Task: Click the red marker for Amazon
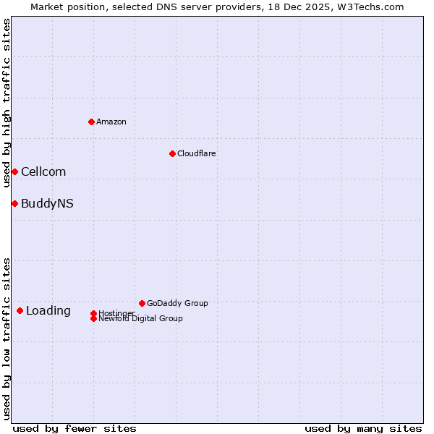click(x=91, y=122)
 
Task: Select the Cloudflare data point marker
click(x=172, y=153)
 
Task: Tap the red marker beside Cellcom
click(x=14, y=171)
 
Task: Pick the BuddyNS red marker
click(x=14, y=203)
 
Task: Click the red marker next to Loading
click(x=20, y=310)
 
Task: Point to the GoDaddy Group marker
click(x=142, y=303)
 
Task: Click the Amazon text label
click(x=111, y=122)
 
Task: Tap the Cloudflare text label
click(x=196, y=153)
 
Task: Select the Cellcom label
click(x=43, y=171)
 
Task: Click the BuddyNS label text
click(x=47, y=203)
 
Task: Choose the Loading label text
click(x=48, y=310)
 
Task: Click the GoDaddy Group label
click(x=177, y=303)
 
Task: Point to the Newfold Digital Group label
click(x=140, y=318)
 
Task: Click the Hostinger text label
click(x=116, y=313)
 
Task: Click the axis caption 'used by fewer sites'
click(x=75, y=428)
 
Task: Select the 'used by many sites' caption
click(x=363, y=428)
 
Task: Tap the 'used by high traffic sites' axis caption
click(x=7, y=103)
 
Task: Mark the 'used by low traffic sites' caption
click(x=7, y=339)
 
